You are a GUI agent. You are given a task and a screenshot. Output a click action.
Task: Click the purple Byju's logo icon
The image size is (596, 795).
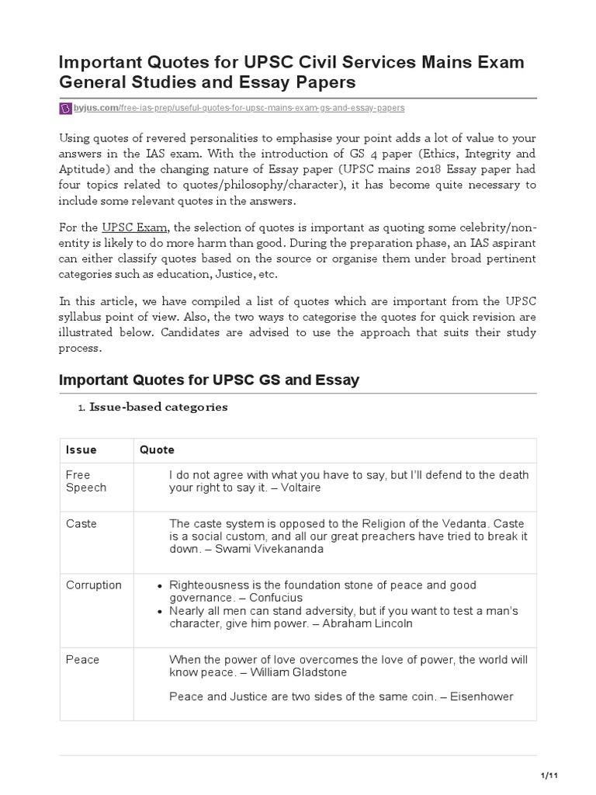[x=65, y=108]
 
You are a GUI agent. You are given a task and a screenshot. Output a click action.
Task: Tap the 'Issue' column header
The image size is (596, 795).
[x=81, y=450]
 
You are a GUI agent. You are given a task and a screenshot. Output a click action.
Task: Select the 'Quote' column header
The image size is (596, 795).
[x=157, y=450]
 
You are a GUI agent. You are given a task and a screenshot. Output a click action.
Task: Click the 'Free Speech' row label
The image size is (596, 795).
[x=86, y=481]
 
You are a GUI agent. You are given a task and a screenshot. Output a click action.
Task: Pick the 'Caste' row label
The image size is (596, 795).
[x=81, y=524]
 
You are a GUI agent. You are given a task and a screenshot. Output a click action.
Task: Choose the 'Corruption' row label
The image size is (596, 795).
[x=94, y=585]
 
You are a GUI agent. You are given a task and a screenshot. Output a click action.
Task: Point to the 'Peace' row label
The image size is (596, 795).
[x=83, y=660]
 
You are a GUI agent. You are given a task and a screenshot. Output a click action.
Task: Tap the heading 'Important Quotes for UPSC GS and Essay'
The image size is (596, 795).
[x=209, y=380]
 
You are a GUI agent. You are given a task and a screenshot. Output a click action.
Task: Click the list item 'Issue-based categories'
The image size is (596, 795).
[x=158, y=408]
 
